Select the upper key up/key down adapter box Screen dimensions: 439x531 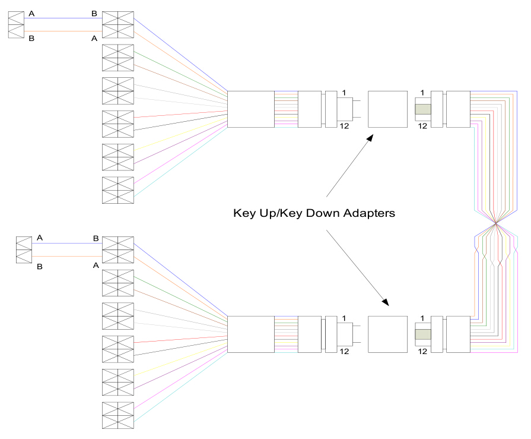click(x=387, y=109)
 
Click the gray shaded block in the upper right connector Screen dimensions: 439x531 click(x=422, y=109)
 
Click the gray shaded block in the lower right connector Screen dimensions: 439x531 click(x=422, y=334)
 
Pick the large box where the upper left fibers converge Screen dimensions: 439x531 click(x=251, y=109)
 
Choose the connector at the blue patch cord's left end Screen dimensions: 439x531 click(x=16, y=24)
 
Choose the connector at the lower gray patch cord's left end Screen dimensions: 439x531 click(x=23, y=249)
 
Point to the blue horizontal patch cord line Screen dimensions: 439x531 click(x=63, y=18)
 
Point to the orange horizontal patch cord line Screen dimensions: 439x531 click(x=63, y=31)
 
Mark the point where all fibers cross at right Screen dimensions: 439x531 click(x=495, y=224)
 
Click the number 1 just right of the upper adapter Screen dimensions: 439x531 click(x=422, y=93)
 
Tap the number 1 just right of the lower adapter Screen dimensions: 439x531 click(x=422, y=318)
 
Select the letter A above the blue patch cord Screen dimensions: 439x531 click(x=31, y=12)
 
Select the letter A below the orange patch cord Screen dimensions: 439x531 click(x=94, y=39)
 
